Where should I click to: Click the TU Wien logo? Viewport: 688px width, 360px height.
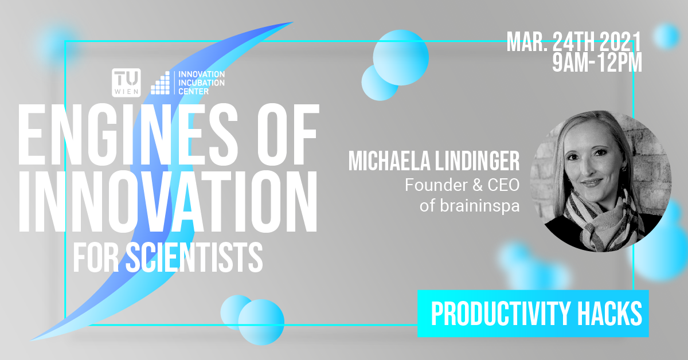coord(126,83)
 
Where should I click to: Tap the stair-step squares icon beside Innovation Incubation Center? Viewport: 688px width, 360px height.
coord(160,83)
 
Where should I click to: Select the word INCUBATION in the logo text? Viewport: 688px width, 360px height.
coord(201,83)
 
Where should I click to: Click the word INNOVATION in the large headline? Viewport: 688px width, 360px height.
coord(167,201)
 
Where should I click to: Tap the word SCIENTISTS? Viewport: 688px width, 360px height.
coord(194,257)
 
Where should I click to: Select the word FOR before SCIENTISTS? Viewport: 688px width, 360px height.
coord(96,257)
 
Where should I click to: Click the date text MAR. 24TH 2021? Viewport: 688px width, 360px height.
coord(574,42)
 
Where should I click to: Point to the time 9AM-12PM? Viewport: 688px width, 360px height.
coord(597,62)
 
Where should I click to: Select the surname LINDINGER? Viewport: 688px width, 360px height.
coord(477,161)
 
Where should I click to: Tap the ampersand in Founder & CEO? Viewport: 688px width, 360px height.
coord(477,185)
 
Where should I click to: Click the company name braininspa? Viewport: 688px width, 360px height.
coord(479,206)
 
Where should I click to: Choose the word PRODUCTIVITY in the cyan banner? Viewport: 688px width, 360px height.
coord(501,314)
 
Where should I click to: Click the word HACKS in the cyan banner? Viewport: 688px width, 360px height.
coord(609,314)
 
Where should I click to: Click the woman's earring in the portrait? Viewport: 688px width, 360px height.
coord(624,169)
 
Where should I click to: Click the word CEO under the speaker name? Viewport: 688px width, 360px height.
coord(503,185)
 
